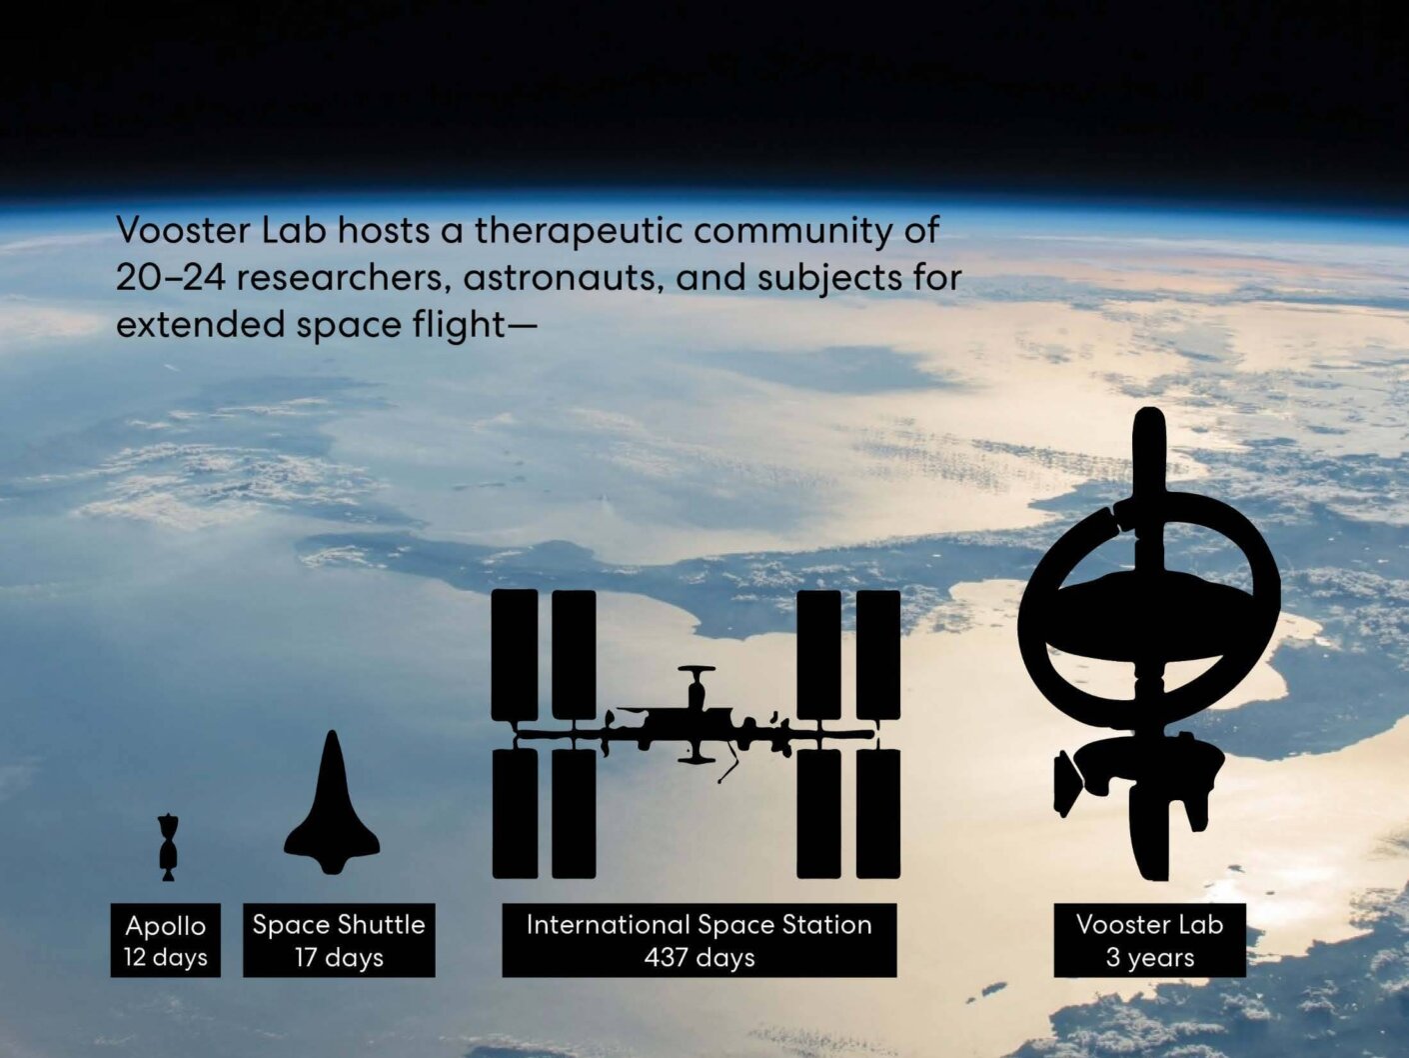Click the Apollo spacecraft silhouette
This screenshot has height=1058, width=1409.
click(x=168, y=847)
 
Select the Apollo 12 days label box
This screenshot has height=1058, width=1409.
click(x=166, y=940)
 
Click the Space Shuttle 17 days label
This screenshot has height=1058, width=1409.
click(x=339, y=940)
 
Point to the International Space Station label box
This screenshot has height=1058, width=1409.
click(x=700, y=940)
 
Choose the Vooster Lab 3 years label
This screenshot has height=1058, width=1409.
click(x=1149, y=940)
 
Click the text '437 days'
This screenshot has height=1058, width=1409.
click(x=700, y=958)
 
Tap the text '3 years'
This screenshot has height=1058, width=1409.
click(x=1149, y=958)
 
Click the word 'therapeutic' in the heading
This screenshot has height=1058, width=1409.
click(x=578, y=231)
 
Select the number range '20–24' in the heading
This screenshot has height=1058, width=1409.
click(x=170, y=278)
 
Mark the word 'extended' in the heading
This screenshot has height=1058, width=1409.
click(x=200, y=324)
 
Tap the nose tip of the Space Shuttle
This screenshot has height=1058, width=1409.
click(x=332, y=731)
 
